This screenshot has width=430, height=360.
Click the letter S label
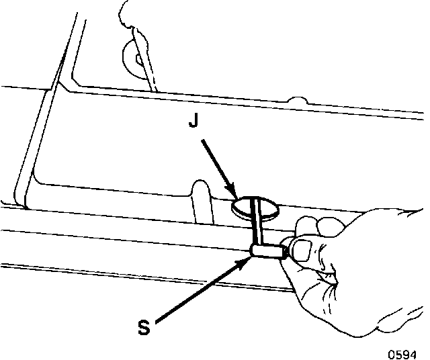[x=143, y=328]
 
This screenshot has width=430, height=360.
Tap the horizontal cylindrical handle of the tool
[x=267, y=251]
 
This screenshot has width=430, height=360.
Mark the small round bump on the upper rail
[x=296, y=102]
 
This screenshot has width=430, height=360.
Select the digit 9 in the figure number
[x=406, y=351]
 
